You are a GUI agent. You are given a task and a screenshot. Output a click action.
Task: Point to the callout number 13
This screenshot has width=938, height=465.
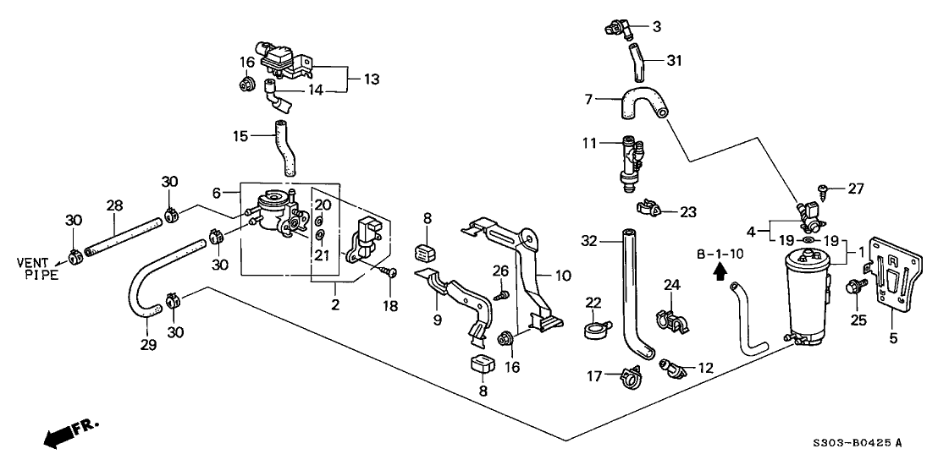pyautogui.click(x=370, y=79)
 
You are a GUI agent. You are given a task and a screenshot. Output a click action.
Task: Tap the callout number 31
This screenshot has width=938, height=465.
pyautogui.click(x=673, y=60)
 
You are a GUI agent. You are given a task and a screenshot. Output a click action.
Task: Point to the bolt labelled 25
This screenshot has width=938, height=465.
pyautogui.click(x=853, y=288)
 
